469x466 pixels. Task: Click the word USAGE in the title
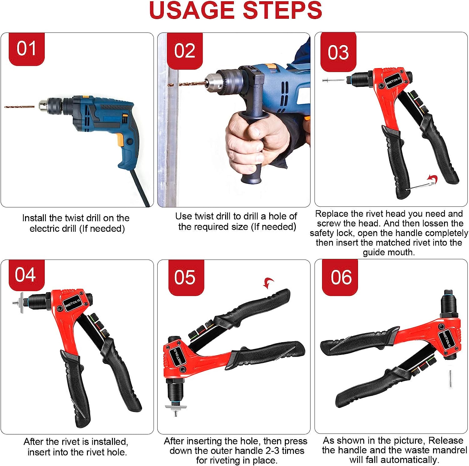(x=192, y=10)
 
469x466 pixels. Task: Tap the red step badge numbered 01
(x=27, y=49)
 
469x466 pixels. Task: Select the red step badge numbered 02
(x=185, y=51)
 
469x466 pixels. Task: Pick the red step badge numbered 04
(x=27, y=275)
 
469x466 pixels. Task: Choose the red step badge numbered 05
(x=186, y=277)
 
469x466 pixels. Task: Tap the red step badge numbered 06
(x=340, y=277)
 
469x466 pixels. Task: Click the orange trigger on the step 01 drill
(x=120, y=140)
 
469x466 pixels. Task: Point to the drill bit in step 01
(x=19, y=107)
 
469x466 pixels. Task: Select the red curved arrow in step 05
(x=268, y=283)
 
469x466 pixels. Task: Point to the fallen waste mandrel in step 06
(x=450, y=378)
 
